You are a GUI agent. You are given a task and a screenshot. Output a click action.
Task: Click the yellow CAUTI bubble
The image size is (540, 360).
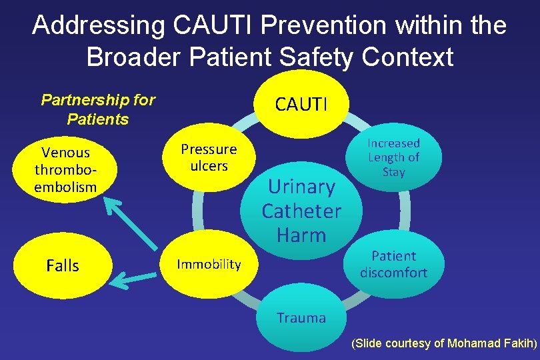(302, 103)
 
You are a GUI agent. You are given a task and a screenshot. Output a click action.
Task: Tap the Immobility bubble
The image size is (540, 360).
(209, 265)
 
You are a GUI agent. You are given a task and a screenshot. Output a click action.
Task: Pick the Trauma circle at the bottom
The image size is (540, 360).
(301, 318)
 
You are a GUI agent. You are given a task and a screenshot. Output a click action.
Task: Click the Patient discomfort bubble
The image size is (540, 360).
(393, 264)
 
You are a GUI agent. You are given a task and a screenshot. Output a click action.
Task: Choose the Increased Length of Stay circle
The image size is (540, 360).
(393, 157)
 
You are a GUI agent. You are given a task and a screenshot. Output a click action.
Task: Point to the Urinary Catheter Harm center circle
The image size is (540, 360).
(301, 210)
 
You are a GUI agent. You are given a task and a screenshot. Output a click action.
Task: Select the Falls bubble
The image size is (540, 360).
(63, 266)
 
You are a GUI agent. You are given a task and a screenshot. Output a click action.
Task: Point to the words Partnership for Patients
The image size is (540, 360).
(97, 110)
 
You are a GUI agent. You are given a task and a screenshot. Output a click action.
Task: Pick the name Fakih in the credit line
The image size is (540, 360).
(519, 344)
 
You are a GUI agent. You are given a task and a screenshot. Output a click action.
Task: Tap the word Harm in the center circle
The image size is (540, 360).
(301, 235)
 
